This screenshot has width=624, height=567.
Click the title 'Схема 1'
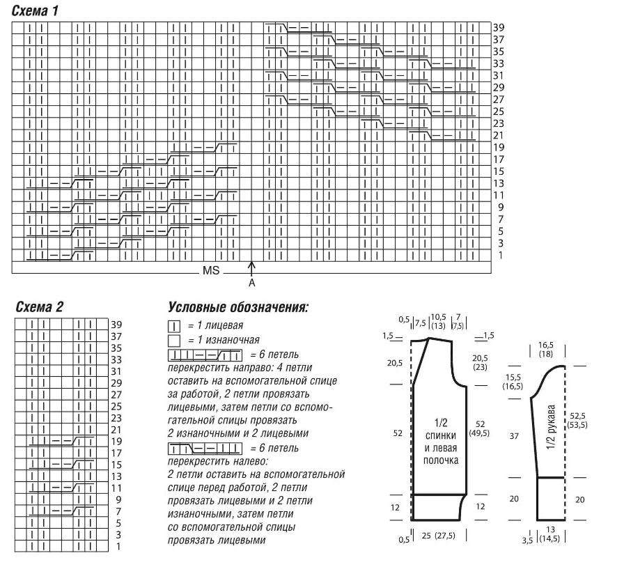(x=35, y=10)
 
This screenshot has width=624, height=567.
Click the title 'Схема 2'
(x=39, y=306)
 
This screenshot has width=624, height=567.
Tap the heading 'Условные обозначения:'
(x=238, y=307)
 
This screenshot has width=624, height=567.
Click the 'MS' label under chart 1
(x=211, y=270)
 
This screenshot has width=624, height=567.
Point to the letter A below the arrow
(x=251, y=283)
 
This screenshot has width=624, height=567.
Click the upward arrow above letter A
(x=251, y=269)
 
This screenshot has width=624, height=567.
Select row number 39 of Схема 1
(x=499, y=27)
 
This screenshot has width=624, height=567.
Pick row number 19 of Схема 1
(x=499, y=148)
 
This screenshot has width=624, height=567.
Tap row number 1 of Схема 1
(x=501, y=255)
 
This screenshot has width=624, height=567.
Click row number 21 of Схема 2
(x=116, y=430)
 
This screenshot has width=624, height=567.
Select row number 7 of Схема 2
(x=118, y=511)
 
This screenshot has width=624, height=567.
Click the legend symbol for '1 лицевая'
(x=174, y=327)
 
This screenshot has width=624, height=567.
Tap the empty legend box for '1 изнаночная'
(x=174, y=341)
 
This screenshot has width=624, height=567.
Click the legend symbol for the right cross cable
(x=205, y=355)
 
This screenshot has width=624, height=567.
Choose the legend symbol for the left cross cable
(x=205, y=449)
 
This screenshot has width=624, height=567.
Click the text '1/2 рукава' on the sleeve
(x=551, y=427)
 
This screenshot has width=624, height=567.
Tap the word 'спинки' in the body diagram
(x=441, y=435)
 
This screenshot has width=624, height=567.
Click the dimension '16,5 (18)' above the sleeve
(x=545, y=350)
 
